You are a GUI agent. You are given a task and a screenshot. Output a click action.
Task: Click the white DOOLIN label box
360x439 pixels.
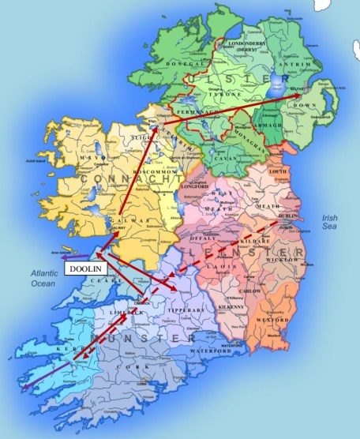pos(84,269)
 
